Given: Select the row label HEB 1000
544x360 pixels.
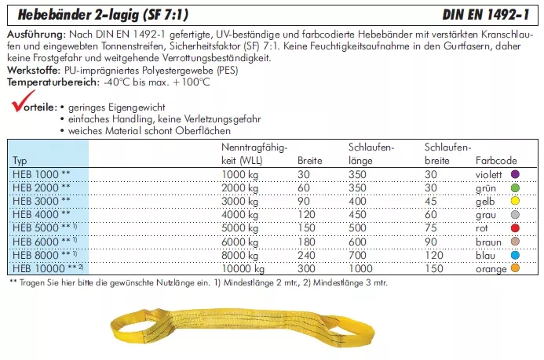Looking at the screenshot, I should pyautogui.click(x=40, y=174).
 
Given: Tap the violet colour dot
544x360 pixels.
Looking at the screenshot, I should pyautogui.click(x=515, y=174).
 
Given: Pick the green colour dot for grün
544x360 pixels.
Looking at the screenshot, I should pyautogui.click(x=515, y=187).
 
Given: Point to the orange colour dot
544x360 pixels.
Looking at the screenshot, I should pyautogui.click(x=515, y=267).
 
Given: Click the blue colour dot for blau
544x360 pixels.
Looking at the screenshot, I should pyautogui.click(x=515, y=254).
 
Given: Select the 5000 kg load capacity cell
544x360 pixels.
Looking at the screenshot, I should pyautogui.click(x=240, y=227).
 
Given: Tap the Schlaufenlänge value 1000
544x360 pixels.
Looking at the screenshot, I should pyautogui.click(x=361, y=267).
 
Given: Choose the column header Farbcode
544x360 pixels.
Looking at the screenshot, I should pyautogui.click(x=496, y=160).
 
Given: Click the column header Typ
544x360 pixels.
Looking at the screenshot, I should pyautogui.click(x=20, y=160).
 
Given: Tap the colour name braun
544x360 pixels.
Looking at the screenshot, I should pyautogui.click(x=488, y=241).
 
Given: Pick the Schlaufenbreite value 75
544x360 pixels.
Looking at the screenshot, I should pyautogui.click(x=430, y=227).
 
